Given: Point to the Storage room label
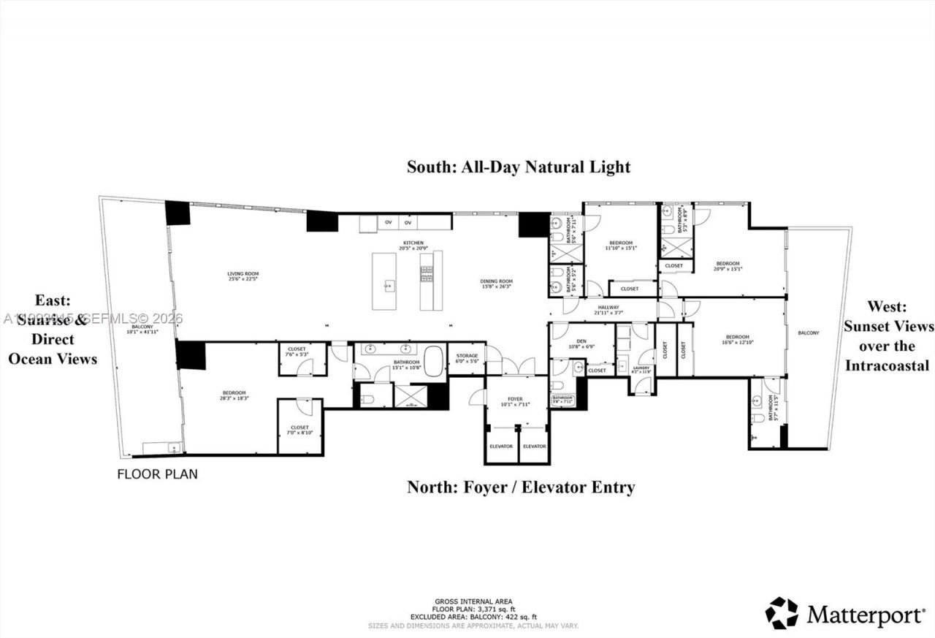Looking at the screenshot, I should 467,358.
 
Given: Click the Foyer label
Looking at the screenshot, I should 516,401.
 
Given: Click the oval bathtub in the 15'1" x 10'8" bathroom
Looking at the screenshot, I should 434,362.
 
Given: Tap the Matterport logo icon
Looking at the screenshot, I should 782,612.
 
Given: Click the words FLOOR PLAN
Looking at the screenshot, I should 157,474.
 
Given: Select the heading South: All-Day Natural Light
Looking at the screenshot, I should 518,167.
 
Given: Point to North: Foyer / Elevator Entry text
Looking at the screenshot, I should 520,487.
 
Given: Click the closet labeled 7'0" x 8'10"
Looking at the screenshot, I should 299,429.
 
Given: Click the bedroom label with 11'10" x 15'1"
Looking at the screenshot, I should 622,245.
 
